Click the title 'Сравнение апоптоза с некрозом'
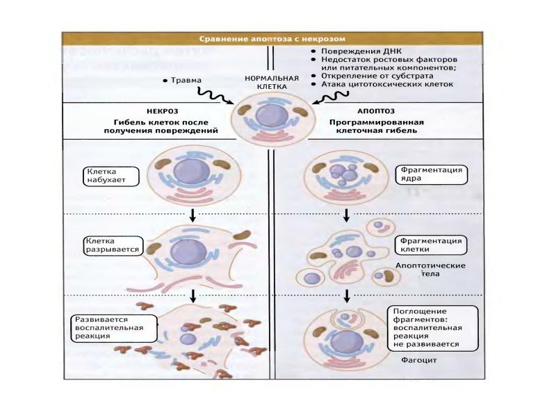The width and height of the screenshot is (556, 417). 272,39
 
